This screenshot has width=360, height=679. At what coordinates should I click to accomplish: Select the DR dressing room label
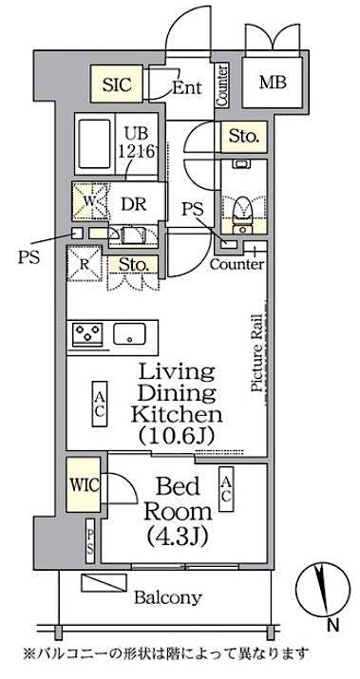(x=132, y=201)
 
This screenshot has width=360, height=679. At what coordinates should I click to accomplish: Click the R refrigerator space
(x=85, y=264)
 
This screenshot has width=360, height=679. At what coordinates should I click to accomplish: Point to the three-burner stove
(x=88, y=334)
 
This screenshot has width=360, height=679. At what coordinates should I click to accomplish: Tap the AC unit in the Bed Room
(x=227, y=488)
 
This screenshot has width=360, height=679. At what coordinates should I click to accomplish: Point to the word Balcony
(x=166, y=597)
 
